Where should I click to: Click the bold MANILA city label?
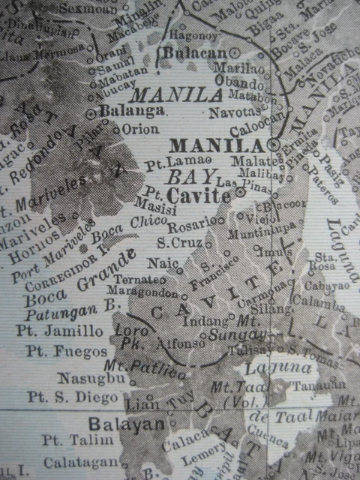pos(218,144)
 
